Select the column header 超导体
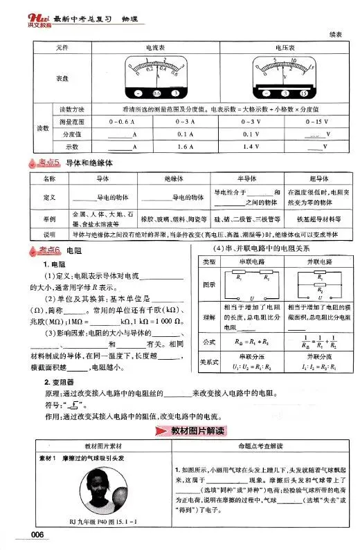tap(315, 179)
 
